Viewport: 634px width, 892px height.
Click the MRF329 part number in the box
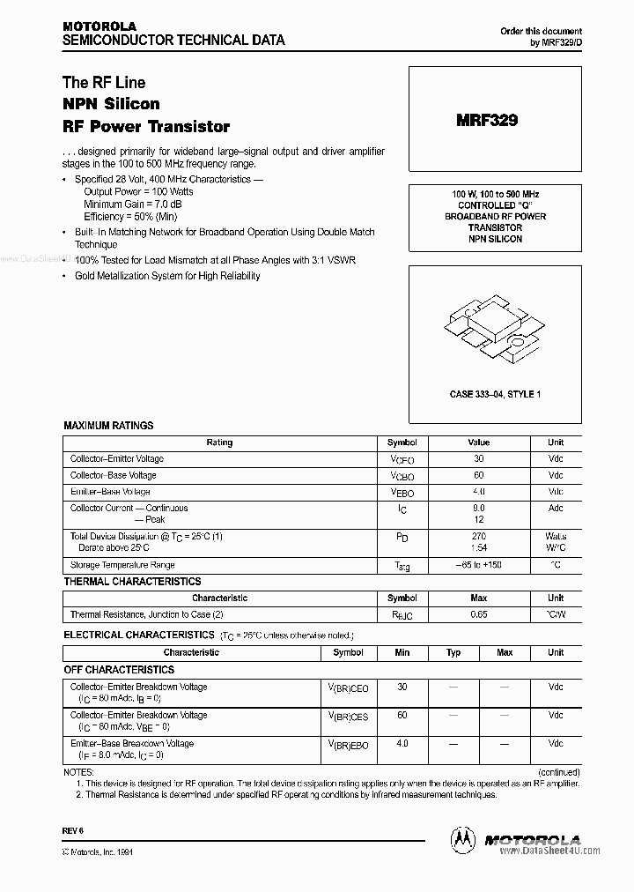click(x=487, y=121)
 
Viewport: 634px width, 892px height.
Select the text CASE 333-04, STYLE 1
click(x=495, y=394)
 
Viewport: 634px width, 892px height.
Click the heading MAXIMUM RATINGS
click(x=108, y=426)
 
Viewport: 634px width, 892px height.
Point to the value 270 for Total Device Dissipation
click(x=479, y=536)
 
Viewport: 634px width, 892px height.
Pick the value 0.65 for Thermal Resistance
click(x=479, y=614)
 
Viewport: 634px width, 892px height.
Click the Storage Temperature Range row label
click(x=122, y=565)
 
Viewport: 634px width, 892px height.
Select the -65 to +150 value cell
click(x=479, y=565)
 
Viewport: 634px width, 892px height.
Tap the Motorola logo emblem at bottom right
click(x=462, y=840)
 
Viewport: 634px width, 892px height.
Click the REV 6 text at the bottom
click(x=71, y=831)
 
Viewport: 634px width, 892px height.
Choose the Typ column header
click(x=453, y=653)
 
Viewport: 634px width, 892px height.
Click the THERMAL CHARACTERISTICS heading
click(x=132, y=582)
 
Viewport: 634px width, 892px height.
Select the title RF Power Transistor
click(x=145, y=126)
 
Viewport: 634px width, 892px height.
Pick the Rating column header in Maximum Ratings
click(x=219, y=442)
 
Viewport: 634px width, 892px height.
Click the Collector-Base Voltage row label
click(x=114, y=475)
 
